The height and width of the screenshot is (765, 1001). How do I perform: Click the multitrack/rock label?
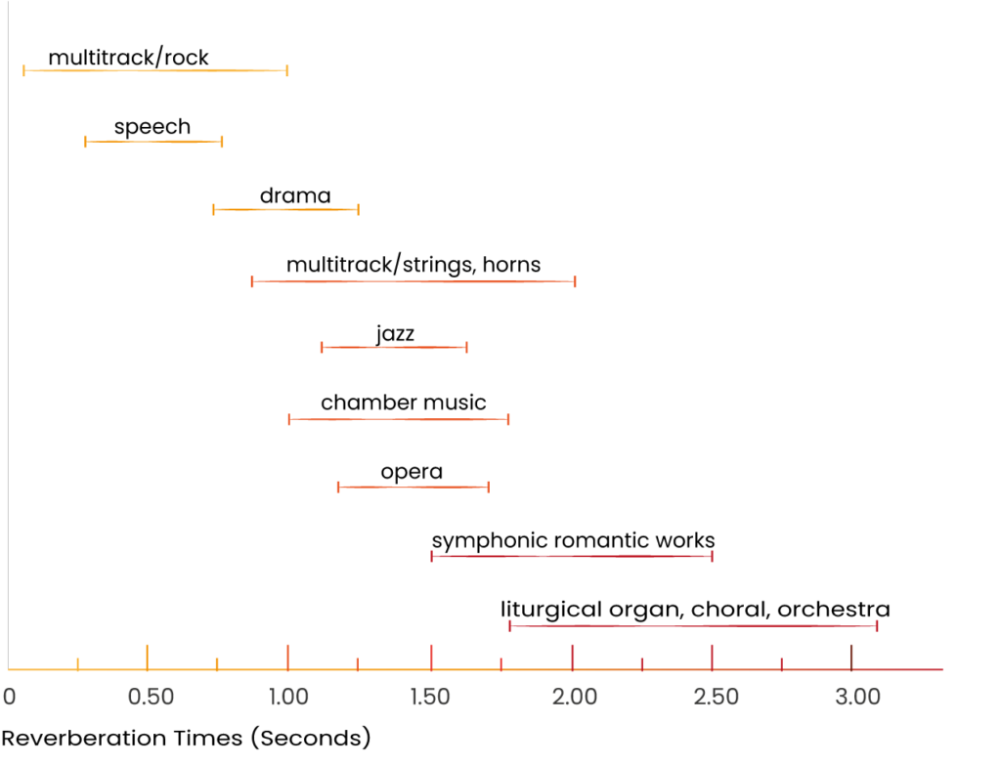tap(128, 58)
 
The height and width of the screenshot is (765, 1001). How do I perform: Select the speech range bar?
tap(153, 141)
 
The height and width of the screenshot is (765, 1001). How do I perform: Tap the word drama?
tap(295, 195)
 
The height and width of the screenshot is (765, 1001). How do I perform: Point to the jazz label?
tap(395, 334)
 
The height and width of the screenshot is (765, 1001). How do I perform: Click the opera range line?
tap(413, 488)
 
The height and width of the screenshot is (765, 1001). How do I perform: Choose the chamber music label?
tap(404, 403)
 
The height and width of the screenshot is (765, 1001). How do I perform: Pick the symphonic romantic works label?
tap(573, 541)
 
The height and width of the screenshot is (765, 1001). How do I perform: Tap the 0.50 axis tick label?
tap(151, 697)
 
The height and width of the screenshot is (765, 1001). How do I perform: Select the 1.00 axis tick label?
tap(288, 697)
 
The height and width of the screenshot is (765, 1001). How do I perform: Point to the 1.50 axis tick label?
tap(430, 697)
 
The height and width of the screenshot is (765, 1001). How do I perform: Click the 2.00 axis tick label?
tap(575, 697)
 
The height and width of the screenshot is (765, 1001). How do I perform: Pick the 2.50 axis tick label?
tap(717, 697)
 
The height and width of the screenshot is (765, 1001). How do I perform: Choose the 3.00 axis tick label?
tap(857, 697)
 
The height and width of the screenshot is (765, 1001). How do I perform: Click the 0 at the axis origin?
tap(9, 697)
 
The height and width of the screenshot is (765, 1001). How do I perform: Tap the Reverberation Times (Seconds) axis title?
tap(186, 739)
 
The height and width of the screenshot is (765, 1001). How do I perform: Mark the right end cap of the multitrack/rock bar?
tap(287, 70)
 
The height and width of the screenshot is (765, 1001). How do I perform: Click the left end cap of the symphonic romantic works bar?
tap(432, 556)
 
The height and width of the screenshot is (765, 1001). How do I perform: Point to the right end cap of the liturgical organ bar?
tap(877, 626)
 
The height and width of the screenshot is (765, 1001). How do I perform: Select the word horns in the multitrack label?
tap(511, 264)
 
